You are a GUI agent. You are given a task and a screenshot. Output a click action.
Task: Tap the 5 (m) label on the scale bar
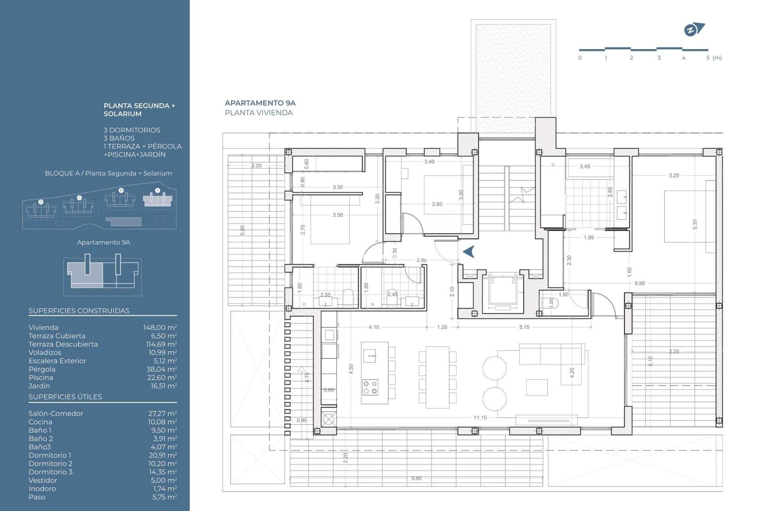[713, 58]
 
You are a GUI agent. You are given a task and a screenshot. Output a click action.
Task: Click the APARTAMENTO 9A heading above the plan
[260, 103]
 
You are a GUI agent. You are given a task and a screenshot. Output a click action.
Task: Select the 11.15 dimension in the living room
[480, 418]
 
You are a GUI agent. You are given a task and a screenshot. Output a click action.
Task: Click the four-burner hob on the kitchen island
[370, 387]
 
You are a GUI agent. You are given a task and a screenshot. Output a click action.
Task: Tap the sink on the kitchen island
[370, 355]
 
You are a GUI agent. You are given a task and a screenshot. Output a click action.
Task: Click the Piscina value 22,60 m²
[162, 378]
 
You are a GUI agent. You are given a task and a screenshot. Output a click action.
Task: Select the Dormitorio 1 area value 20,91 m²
[162, 455]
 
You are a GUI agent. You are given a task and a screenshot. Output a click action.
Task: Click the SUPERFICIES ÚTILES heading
[65, 397]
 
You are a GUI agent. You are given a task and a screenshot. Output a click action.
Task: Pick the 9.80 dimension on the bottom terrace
[416, 478]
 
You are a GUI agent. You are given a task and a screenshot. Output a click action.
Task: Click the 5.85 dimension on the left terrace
[242, 230]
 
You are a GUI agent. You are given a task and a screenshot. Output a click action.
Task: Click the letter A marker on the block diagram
[157, 190]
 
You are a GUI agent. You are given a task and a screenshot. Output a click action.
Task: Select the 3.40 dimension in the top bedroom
[429, 162]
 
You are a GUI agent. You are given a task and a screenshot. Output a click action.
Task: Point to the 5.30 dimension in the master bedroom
[695, 224]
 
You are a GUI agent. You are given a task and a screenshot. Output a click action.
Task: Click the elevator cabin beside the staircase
[502, 293]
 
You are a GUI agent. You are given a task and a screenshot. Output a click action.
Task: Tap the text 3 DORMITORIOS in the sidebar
[132, 130]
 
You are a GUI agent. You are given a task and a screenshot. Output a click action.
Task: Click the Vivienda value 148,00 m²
[160, 328]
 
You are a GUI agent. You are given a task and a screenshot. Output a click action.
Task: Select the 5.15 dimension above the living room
[524, 327]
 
